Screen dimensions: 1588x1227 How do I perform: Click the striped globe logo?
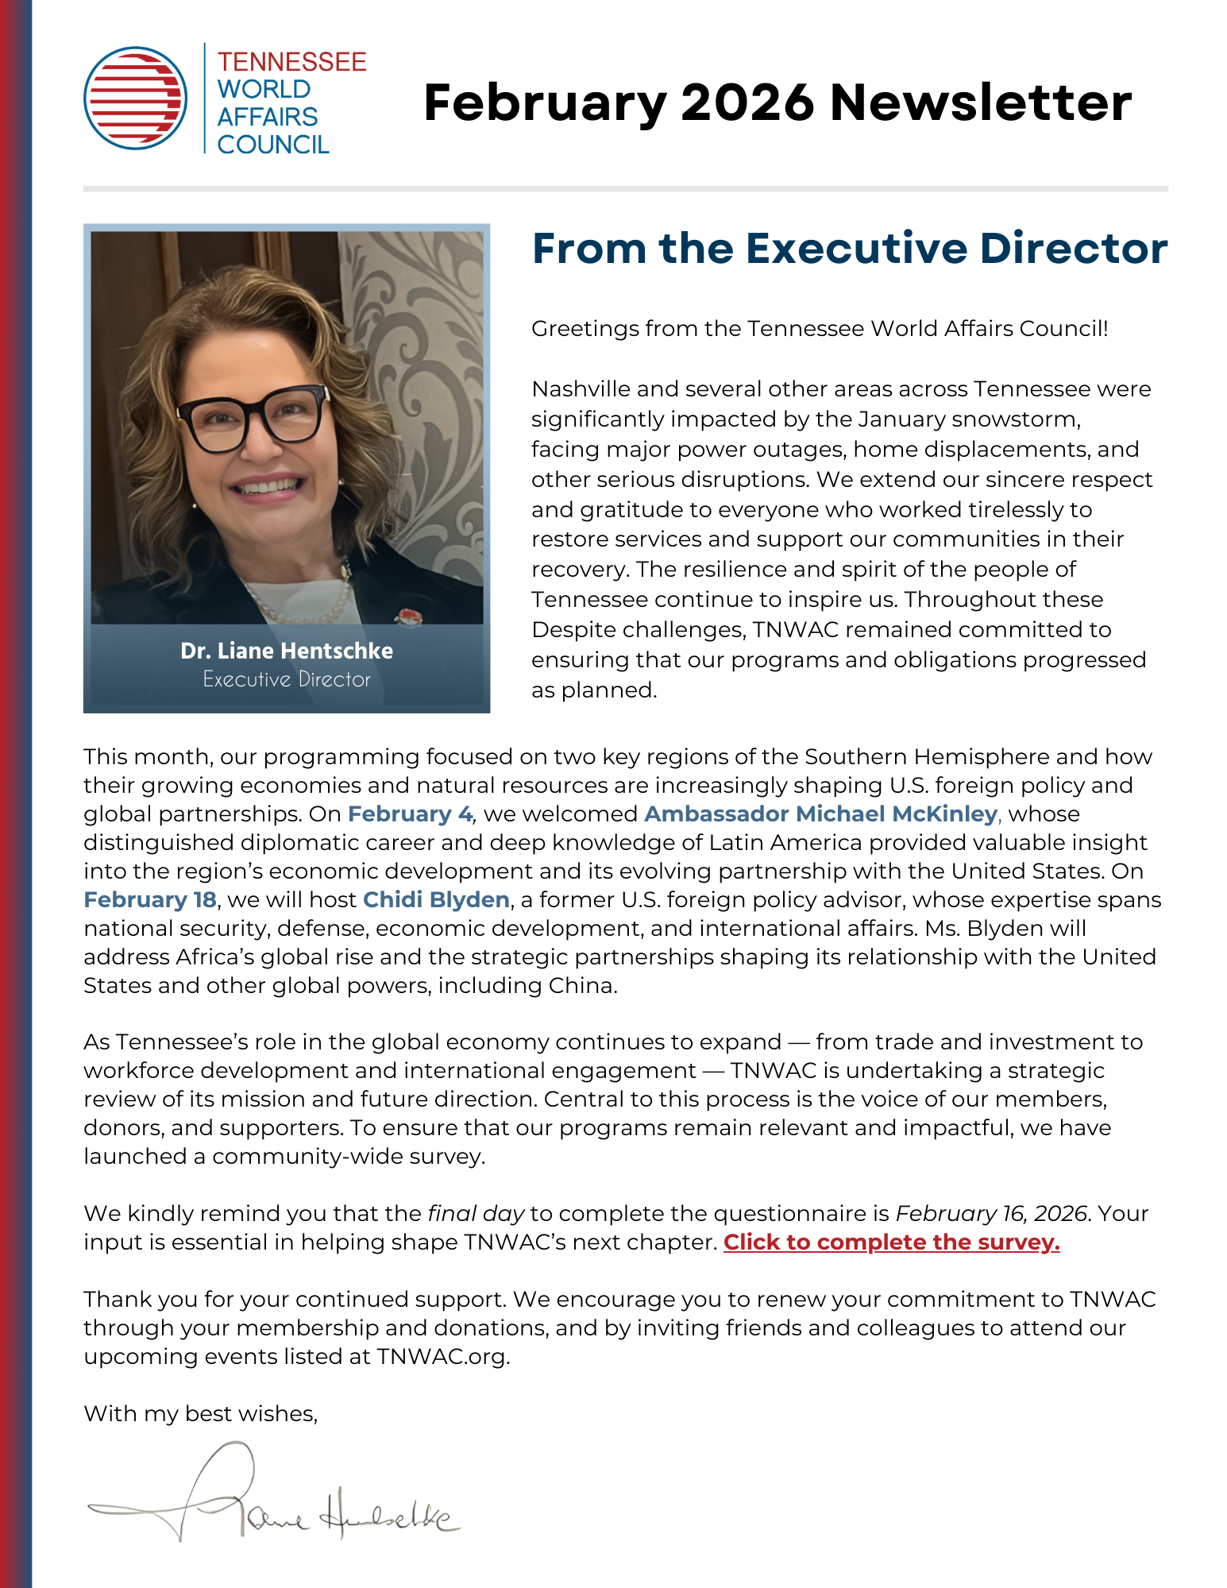tap(136, 98)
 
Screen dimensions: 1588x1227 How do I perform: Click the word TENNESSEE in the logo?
tap(291, 62)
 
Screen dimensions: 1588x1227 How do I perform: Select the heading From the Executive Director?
tap(849, 249)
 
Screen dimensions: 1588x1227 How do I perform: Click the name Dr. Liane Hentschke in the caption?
tap(287, 651)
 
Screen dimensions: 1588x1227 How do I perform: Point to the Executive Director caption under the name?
tap(287, 679)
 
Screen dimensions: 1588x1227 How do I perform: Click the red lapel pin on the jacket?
tap(408, 616)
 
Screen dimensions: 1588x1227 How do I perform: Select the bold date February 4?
tap(410, 814)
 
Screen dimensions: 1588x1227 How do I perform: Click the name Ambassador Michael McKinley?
tap(820, 814)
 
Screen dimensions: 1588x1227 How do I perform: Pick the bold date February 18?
tap(150, 900)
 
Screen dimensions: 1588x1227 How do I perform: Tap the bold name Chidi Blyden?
tap(436, 900)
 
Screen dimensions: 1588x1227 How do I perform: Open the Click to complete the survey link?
tap(891, 1242)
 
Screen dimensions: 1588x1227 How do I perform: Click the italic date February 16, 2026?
tap(991, 1214)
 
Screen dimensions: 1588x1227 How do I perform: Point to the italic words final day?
tap(476, 1214)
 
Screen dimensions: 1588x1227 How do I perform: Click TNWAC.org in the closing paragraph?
tap(442, 1357)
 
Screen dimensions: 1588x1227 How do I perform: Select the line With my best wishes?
tap(201, 1414)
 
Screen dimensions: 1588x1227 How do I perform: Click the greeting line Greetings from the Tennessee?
tap(819, 329)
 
